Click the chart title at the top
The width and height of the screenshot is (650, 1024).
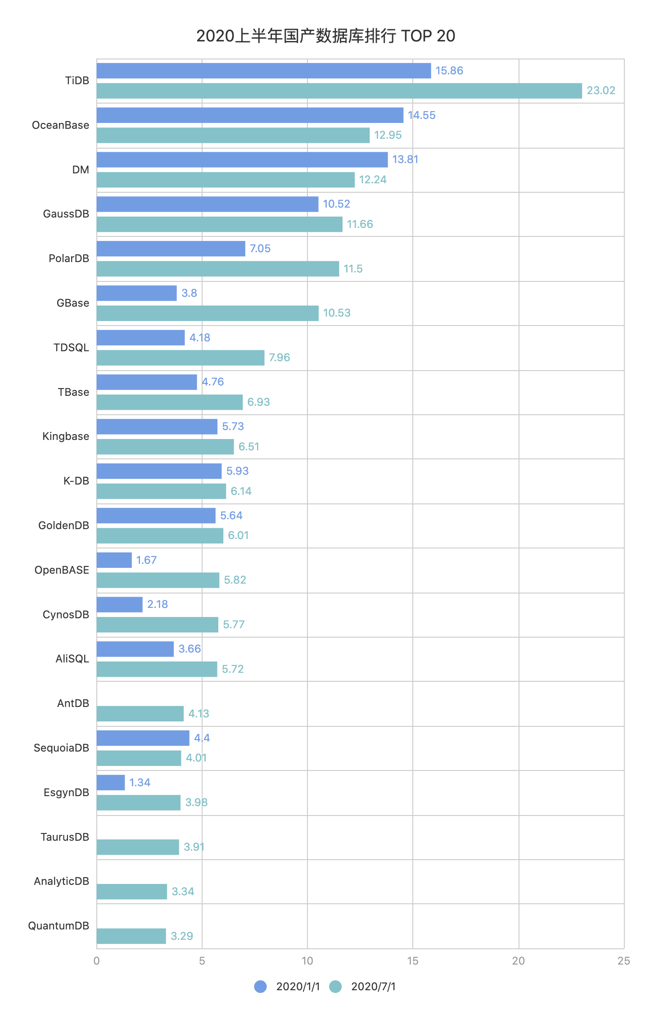325,36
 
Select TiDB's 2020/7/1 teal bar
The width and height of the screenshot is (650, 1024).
339,91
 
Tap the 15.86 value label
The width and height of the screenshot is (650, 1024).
449,71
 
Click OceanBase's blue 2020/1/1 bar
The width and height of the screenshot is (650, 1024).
250,115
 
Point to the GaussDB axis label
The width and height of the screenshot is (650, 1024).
66,214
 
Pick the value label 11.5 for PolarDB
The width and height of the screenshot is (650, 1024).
353,269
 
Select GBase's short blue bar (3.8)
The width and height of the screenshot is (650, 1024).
136,293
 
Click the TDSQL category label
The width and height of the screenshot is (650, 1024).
71,348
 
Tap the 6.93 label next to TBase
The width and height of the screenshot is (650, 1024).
258,402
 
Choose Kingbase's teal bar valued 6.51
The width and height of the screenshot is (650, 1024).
165,447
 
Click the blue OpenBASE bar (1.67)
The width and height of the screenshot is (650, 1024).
114,560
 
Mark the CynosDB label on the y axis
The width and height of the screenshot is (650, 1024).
66,615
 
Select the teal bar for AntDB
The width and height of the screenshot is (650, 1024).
140,714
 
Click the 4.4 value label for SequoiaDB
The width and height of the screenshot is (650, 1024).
202,738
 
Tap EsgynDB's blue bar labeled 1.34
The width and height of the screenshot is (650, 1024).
111,783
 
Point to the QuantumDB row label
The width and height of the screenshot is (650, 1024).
59,926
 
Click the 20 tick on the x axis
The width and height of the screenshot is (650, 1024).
518,961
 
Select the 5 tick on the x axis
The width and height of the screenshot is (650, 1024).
202,961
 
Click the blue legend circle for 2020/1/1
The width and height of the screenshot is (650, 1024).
260,987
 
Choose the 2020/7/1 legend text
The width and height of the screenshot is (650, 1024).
373,987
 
